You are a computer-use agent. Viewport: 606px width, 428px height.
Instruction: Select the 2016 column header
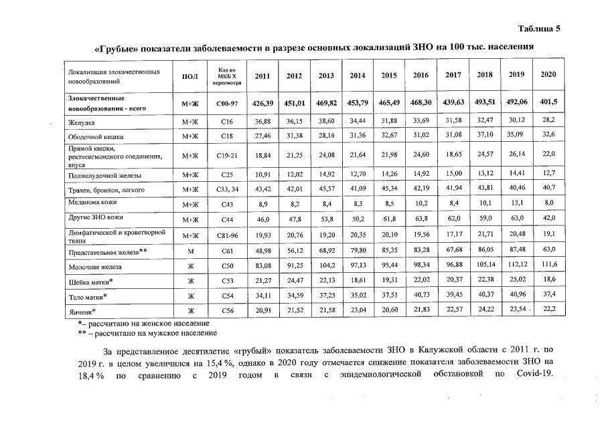(421, 76)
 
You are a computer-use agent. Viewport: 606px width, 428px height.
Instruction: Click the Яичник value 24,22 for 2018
(484, 310)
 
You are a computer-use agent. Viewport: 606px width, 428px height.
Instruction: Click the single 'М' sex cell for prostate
(191, 251)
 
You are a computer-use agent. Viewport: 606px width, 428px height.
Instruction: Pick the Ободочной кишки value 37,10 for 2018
(484, 134)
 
